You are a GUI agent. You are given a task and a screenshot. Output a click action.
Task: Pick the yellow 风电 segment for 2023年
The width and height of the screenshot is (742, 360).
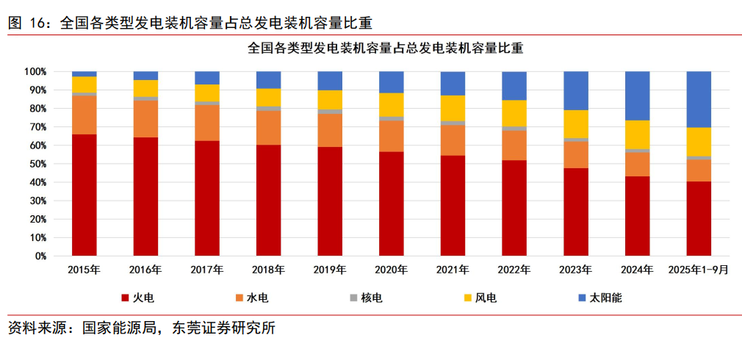click(x=575, y=124)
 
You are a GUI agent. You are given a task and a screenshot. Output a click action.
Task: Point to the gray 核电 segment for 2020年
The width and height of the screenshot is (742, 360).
click(x=391, y=118)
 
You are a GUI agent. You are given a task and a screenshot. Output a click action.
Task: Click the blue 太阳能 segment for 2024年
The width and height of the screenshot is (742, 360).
click(x=637, y=96)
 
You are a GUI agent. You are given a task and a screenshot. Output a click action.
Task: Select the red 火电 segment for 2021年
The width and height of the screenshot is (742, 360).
click(x=453, y=206)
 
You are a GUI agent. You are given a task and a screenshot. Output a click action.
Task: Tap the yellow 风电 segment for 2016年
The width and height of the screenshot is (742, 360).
click(x=145, y=88)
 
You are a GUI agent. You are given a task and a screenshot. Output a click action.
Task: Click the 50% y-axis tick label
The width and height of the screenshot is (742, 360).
click(x=37, y=164)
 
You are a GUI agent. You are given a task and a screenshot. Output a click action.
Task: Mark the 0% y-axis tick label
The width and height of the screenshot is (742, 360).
click(x=40, y=256)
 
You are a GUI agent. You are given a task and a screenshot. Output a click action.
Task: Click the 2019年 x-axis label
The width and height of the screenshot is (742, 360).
click(x=330, y=270)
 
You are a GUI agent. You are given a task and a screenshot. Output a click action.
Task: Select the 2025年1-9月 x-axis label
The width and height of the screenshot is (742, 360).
click(x=698, y=270)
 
